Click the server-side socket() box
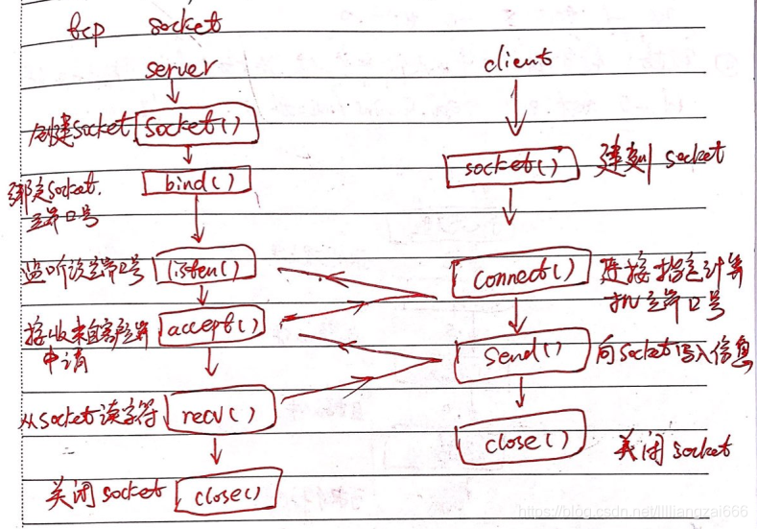(188, 128)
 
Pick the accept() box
(212, 326)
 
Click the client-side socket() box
(510, 168)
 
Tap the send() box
(523, 352)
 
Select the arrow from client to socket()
(514, 110)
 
